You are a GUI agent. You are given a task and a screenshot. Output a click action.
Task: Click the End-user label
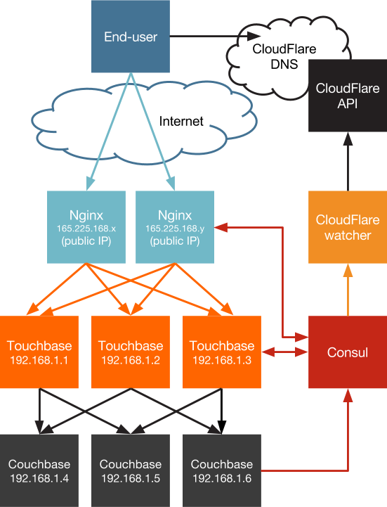coord(131,37)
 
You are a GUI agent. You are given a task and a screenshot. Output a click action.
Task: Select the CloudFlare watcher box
coord(347,227)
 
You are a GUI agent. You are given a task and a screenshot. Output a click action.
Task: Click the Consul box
coord(348,352)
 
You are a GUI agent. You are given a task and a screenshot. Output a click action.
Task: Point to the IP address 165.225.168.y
coord(175,229)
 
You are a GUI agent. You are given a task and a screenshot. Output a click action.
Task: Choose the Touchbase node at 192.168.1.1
coord(39,352)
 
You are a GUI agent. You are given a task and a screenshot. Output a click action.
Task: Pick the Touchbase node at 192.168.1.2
coord(131,352)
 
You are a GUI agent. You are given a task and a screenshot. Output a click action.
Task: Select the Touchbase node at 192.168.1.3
coord(222,352)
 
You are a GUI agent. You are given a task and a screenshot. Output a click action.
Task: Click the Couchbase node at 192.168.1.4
coord(39,470)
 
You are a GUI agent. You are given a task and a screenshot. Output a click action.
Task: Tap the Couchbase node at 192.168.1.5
coord(131,470)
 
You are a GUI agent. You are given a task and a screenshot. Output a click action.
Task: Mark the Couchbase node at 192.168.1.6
coord(222,470)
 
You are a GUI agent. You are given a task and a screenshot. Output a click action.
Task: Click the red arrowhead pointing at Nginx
coord(220,227)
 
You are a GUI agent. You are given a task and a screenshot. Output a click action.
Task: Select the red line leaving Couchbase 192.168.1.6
coord(302,468)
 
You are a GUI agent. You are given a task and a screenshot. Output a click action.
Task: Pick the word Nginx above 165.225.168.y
coord(175,215)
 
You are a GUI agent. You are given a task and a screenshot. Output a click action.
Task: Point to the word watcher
coord(347,235)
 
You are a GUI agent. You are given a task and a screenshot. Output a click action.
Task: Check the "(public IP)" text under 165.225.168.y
coord(175,241)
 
